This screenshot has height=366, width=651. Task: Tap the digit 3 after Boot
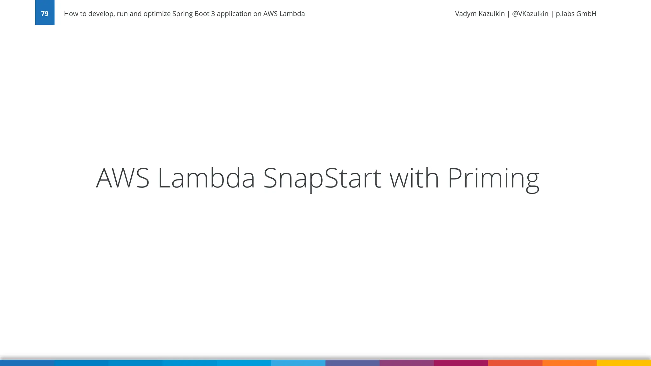click(213, 14)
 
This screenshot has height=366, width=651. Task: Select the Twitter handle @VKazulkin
click(530, 14)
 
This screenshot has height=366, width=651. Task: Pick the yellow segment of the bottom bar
click(624, 363)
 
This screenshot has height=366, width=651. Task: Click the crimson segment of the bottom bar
click(461, 363)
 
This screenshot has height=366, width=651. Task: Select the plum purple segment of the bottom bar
click(407, 363)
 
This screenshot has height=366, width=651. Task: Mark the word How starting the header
click(70, 14)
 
